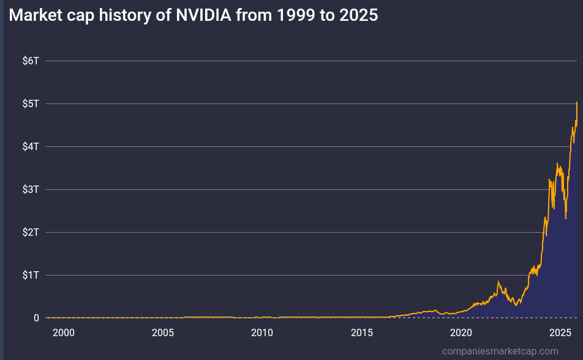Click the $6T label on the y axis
tap(31, 61)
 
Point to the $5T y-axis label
tap(31, 104)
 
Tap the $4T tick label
tap(31, 147)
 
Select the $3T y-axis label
tap(31, 190)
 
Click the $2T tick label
tap(31, 233)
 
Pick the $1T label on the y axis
tap(31, 276)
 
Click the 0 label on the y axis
tap(36, 318)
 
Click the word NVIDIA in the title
tap(204, 15)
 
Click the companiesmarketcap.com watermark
tap(500, 351)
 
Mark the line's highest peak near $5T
tap(577, 102)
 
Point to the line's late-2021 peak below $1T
tap(498, 282)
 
